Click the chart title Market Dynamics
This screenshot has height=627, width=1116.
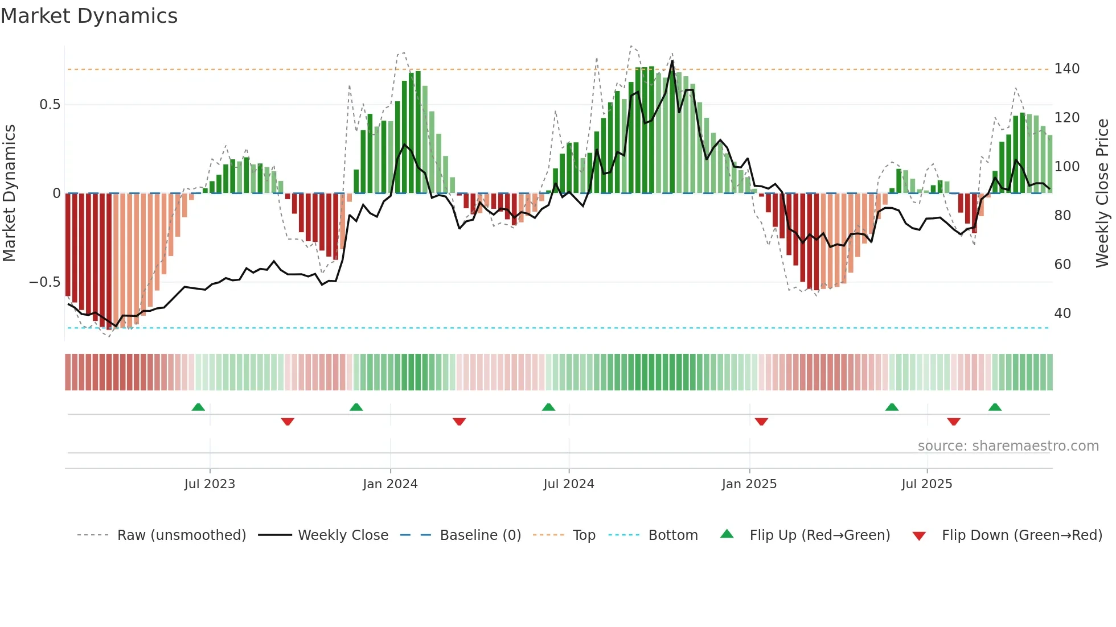[x=89, y=16]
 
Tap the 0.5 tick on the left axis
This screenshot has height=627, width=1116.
[x=50, y=105]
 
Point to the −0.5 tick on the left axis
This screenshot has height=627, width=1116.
[x=45, y=282]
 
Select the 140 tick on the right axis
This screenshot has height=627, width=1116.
[x=1066, y=69]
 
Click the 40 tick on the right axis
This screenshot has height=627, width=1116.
[x=1062, y=313]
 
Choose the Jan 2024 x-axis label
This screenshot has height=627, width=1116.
[x=390, y=484]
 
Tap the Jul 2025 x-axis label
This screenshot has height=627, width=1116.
[x=926, y=484]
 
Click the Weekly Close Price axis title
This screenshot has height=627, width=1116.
[x=1102, y=193]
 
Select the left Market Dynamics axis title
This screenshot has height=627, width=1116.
[x=9, y=193]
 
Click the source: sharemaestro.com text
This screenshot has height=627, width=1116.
[x=1008, y=446]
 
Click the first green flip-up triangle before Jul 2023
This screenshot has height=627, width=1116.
[x=198, y=407]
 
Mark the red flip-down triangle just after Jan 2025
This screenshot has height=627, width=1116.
[x=761, y=422]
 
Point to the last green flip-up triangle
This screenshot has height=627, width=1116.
[x=995, y=407]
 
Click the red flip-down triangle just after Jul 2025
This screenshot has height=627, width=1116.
[x=954, y=422]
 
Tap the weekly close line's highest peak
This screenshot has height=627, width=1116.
[x=672, y=61]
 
